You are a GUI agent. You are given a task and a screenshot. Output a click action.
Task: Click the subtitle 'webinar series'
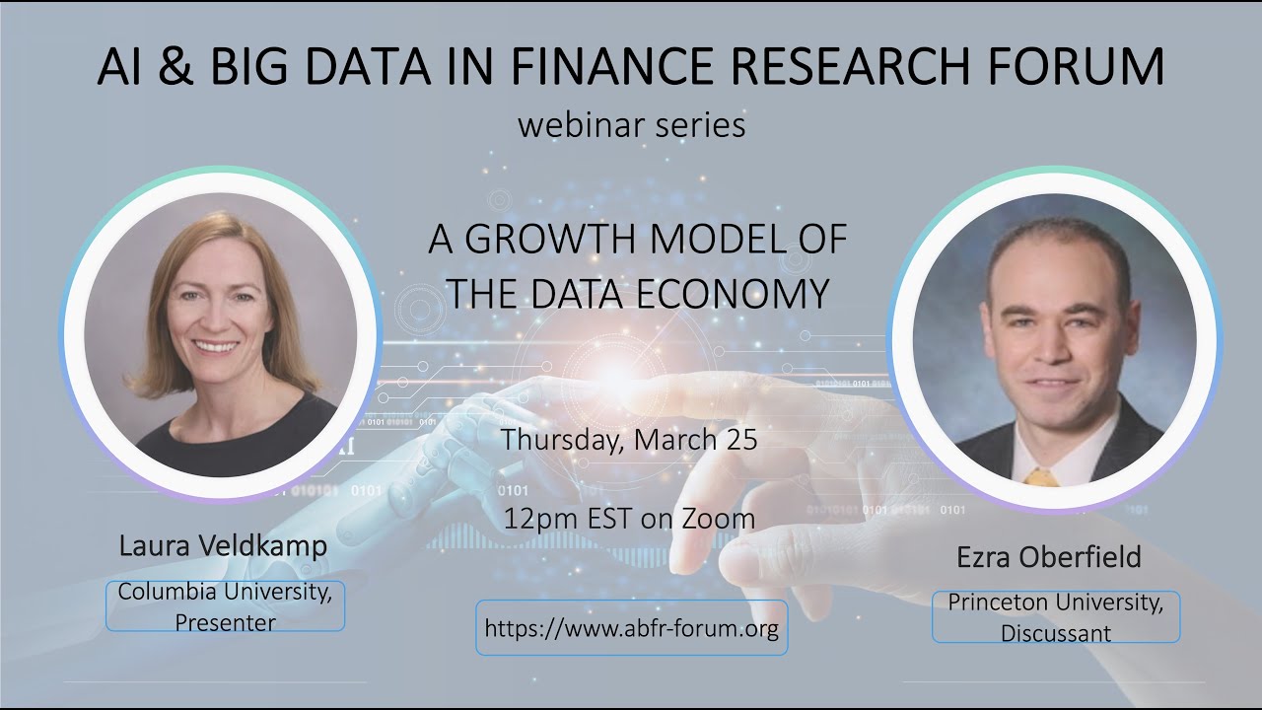[x=631, y=126]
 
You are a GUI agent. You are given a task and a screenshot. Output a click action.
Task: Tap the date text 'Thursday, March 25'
[x=629, y=440]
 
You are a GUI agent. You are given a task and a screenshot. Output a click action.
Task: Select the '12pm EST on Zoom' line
[x=629, y=519]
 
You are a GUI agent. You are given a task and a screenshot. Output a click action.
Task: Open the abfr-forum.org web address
[x=632, y=628]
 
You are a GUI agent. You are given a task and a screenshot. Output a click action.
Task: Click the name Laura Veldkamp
[x=223, y=546]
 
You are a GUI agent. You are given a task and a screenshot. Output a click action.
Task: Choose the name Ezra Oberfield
[x=1049, y=557]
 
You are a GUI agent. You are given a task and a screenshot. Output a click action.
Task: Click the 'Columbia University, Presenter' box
[x=226, y=606]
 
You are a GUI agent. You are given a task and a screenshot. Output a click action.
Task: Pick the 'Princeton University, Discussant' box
[x=1056, y=617]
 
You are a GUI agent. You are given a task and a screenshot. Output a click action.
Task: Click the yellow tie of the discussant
[x=1040, y=477]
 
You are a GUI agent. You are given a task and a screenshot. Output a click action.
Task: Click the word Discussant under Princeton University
[x=1056, y=632]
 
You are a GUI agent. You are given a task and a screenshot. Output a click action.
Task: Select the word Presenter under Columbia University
[x=226, y=622]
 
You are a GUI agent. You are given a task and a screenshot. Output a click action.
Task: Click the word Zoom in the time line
[x=721, y=519]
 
